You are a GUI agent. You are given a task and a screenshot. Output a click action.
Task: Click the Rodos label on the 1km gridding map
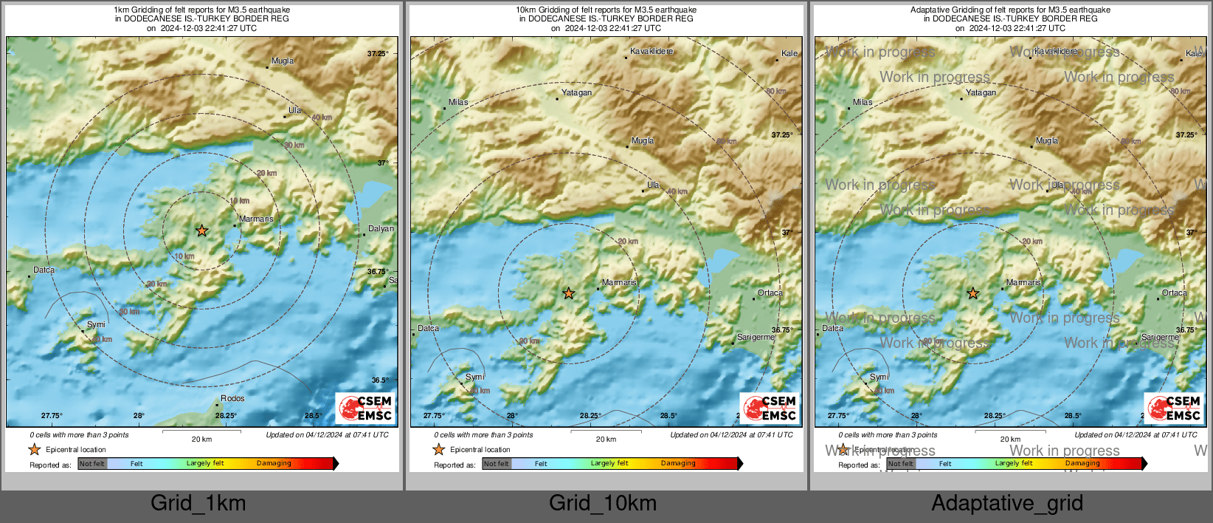tap(232, 399)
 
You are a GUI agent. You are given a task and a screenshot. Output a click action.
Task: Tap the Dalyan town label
tap(381, 229)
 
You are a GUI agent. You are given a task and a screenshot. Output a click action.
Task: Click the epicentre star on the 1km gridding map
tap(202, 231)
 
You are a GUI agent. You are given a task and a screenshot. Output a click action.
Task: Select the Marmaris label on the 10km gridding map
tap(619, 283)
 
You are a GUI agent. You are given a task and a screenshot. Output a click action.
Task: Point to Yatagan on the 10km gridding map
tap(576, 93)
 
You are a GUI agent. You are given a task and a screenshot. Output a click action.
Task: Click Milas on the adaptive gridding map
tap(863, 103)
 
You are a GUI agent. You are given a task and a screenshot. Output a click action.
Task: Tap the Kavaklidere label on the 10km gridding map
tap(651, 52)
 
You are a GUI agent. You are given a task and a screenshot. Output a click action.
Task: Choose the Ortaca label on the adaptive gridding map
tap(1174, 293)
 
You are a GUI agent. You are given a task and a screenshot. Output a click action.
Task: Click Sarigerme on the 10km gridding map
tap(756, 338)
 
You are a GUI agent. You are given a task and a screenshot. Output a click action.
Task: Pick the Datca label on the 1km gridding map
tap(44, 270)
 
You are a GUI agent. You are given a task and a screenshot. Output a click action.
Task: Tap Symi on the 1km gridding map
tap(96, 325)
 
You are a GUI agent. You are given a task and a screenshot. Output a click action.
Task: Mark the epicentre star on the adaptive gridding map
tap(973, 294)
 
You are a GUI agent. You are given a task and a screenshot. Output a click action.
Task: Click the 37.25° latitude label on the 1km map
tap(378, 54)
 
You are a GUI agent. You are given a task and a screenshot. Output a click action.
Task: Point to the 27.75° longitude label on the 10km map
tap(434, 416)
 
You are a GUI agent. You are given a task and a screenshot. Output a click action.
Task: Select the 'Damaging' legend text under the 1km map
tap(274, 464)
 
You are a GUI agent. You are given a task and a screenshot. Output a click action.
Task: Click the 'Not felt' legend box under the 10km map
tap(497, 464)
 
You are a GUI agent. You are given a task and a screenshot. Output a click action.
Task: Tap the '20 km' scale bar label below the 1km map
tap(201, 440)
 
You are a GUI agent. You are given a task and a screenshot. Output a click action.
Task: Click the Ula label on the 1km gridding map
tap(294, 110)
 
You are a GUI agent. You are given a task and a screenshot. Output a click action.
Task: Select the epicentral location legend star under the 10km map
tap(439, 450)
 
